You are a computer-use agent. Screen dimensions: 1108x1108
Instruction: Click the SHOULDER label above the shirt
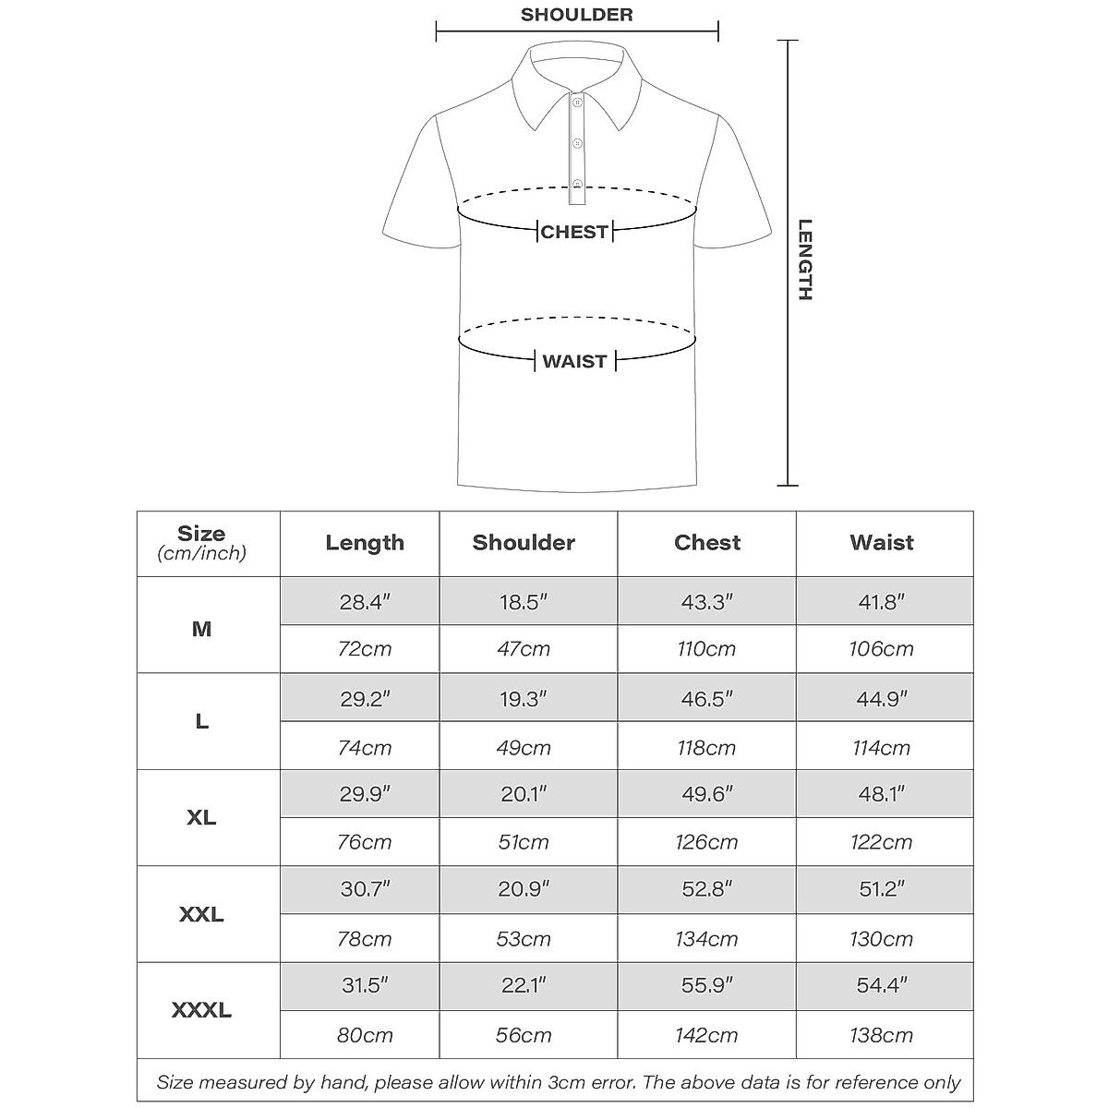576,15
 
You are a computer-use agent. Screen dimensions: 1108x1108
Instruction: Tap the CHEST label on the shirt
574,232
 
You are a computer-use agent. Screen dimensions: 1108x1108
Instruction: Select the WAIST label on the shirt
574,361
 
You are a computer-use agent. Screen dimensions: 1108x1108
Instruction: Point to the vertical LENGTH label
805,259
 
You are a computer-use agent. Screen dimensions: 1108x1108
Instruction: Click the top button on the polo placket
577,102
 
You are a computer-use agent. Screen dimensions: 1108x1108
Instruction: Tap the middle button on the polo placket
577,143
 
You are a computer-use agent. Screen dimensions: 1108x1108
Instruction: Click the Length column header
365,543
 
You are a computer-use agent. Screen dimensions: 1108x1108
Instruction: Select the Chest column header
707,543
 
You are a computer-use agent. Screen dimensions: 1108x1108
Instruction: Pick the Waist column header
882,543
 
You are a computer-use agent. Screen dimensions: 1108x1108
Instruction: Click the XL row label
201,818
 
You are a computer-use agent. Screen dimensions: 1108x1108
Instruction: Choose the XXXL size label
201,1011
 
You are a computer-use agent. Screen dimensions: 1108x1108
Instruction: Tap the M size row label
201,630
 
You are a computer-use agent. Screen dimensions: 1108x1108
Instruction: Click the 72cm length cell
365,649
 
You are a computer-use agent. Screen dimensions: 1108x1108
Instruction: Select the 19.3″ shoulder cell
524,699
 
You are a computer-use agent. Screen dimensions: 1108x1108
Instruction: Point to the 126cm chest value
707,842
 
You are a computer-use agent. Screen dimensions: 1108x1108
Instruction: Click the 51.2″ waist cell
882,889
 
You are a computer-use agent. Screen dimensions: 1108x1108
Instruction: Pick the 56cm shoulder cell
524,1035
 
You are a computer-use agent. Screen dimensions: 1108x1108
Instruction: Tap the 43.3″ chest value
707,602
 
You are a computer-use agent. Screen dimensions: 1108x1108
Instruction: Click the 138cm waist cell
882,1035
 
